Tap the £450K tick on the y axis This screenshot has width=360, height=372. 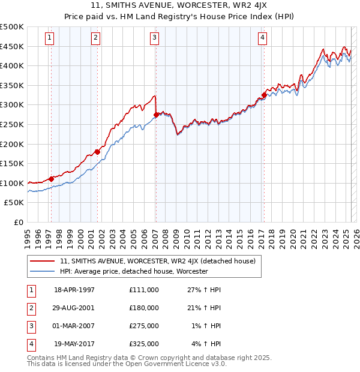click(12, 46)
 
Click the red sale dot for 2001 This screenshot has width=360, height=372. click(97, 152)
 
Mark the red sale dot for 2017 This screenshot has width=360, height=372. click(264, 95)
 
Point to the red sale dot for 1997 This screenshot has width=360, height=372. click(52, 179)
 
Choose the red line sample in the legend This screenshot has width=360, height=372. click(42, 261)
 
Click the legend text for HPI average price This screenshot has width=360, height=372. click(133, 271)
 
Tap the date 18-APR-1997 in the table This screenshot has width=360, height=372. click(74, 290)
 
